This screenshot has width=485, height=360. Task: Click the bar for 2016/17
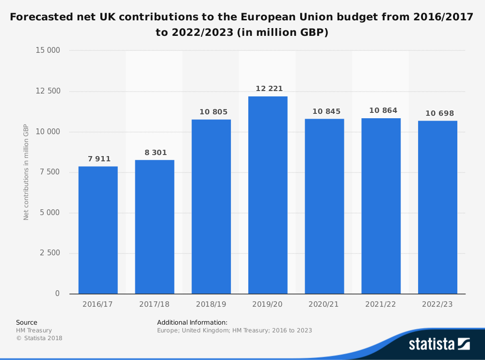pyautogui.click(x=98, y=230)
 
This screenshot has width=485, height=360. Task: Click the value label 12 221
pyautogui.click(x=269, y=89)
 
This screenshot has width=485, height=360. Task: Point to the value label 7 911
pyautogui.click(x=99, y=159)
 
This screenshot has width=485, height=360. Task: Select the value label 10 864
pyautogui.click(x=383, y=110)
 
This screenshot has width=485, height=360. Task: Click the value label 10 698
pyautogui.click(x=440, y=113)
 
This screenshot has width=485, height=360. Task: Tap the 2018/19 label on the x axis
pyautogui.click(x=211, y=305)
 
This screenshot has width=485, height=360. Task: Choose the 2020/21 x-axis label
pyautogui.click(x=324, y=305)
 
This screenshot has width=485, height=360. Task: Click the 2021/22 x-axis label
pyautogui.click(x=381, y=305)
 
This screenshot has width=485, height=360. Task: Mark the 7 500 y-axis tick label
pyautogui.click(x=50, y=172)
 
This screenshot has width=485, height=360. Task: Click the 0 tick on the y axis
pyautogui.click(x=57, y=294)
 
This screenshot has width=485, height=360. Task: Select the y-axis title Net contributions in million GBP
pyautogui.click(x=26, y=172)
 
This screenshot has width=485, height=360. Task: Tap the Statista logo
pyautogui.click(x=439, y=344)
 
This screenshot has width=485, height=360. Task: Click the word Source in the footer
pyautogui.click(x=27, y=322)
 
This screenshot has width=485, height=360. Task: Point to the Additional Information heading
pyautogui.click(x=192, y=322)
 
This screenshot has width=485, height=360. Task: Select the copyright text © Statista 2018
pyautogui.click(x=39, y=338)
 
